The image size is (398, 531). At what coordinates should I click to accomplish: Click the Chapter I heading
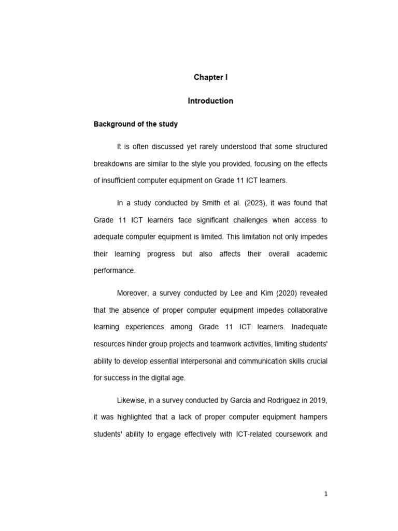(210, 77)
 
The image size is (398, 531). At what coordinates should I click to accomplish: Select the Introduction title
(210, 101)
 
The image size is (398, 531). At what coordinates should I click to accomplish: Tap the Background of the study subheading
(135, 124)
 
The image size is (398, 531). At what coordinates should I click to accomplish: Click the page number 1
(326, 494)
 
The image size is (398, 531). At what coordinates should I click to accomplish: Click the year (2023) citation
(263, 203)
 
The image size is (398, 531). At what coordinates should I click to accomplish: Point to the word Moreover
(134, 294)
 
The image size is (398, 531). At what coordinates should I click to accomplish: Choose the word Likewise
(132, 400)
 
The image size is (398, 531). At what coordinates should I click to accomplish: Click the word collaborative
(306, 310)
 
